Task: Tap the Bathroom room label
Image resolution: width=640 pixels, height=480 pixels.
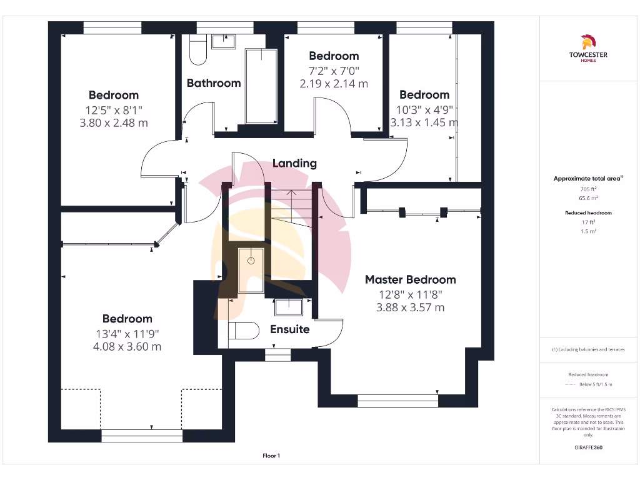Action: click(214, 83)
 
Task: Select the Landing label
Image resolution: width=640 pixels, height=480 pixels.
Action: click(294, 163)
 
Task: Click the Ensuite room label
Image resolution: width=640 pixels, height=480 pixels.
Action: click(289, 329)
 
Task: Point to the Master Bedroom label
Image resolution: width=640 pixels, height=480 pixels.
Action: click(410, 279)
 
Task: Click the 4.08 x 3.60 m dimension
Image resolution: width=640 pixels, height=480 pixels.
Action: click(127, 346)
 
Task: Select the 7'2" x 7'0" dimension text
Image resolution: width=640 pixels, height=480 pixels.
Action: click(334, 70)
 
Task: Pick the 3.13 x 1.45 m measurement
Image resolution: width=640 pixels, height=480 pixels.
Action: click(424, 122)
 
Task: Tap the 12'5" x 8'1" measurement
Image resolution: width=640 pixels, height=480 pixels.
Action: click(114, 109)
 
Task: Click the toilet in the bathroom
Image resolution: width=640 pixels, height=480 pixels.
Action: click(198, 50)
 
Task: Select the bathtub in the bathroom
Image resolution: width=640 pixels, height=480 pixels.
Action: click(261, 86)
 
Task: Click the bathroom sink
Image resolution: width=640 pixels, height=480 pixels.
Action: click(222, 42)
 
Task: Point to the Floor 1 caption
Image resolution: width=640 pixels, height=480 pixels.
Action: click(271, 456)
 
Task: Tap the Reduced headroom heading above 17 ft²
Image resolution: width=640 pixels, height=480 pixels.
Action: click(588, 213)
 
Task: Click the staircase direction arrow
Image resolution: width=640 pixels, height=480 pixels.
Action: click(291, 194)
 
